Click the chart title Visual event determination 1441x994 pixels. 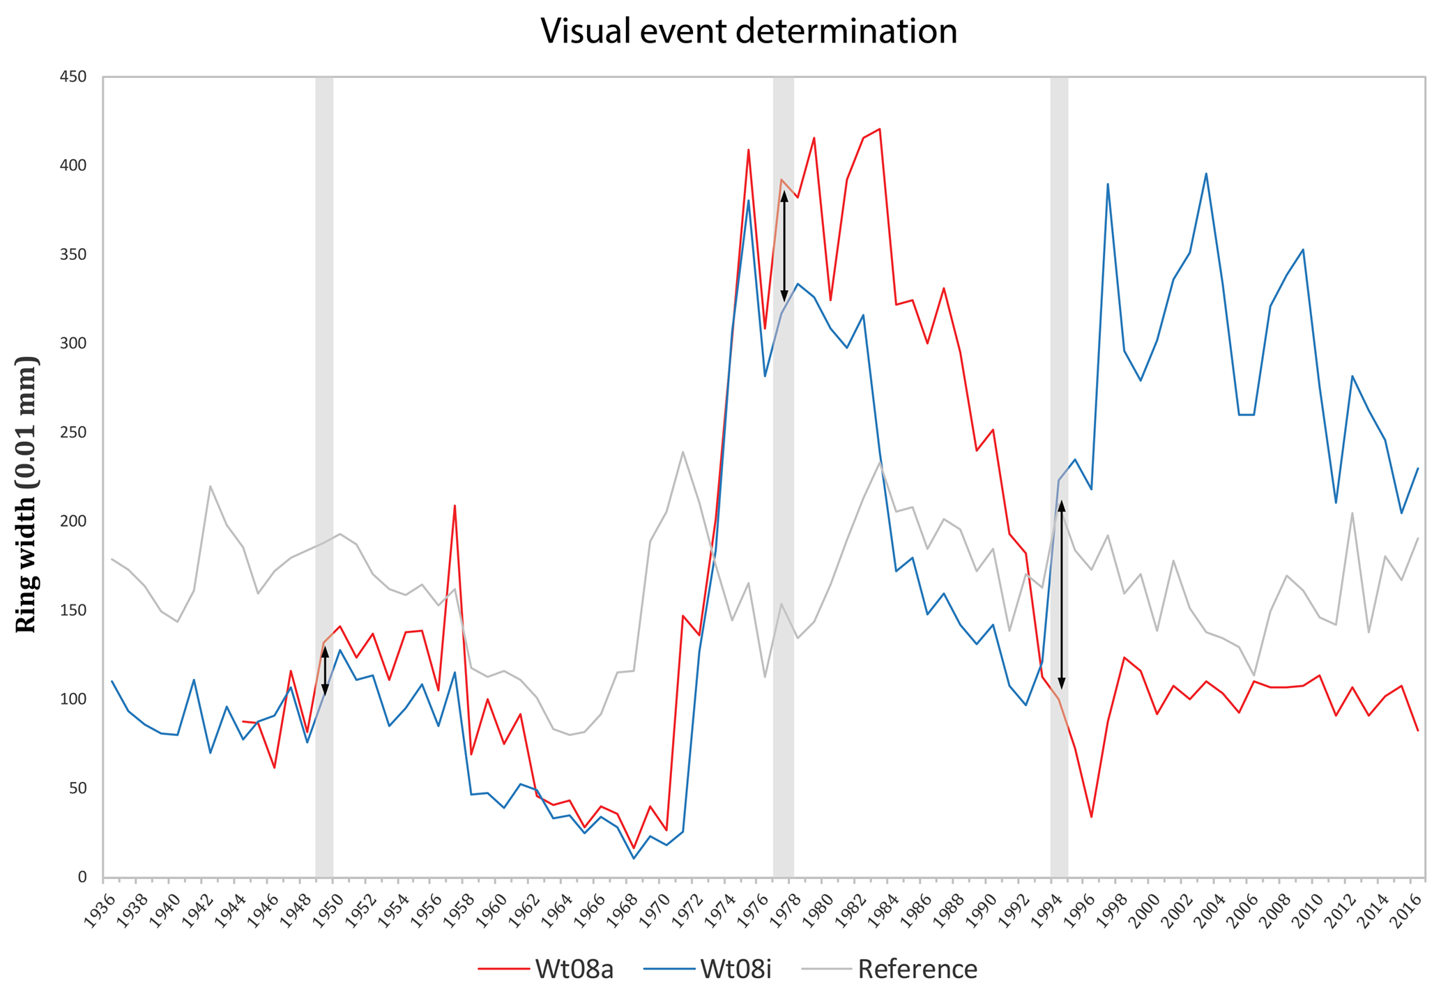point(748,31)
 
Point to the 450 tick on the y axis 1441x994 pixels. point(73,77)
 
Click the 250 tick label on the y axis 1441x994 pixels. point(73,433)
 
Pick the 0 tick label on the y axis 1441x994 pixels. point(82,878)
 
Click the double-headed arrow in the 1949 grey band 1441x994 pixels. point(325,671)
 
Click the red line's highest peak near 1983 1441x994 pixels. point(879,129)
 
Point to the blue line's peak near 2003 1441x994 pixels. point(1206,174)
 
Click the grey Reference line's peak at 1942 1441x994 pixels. point(210,486)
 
